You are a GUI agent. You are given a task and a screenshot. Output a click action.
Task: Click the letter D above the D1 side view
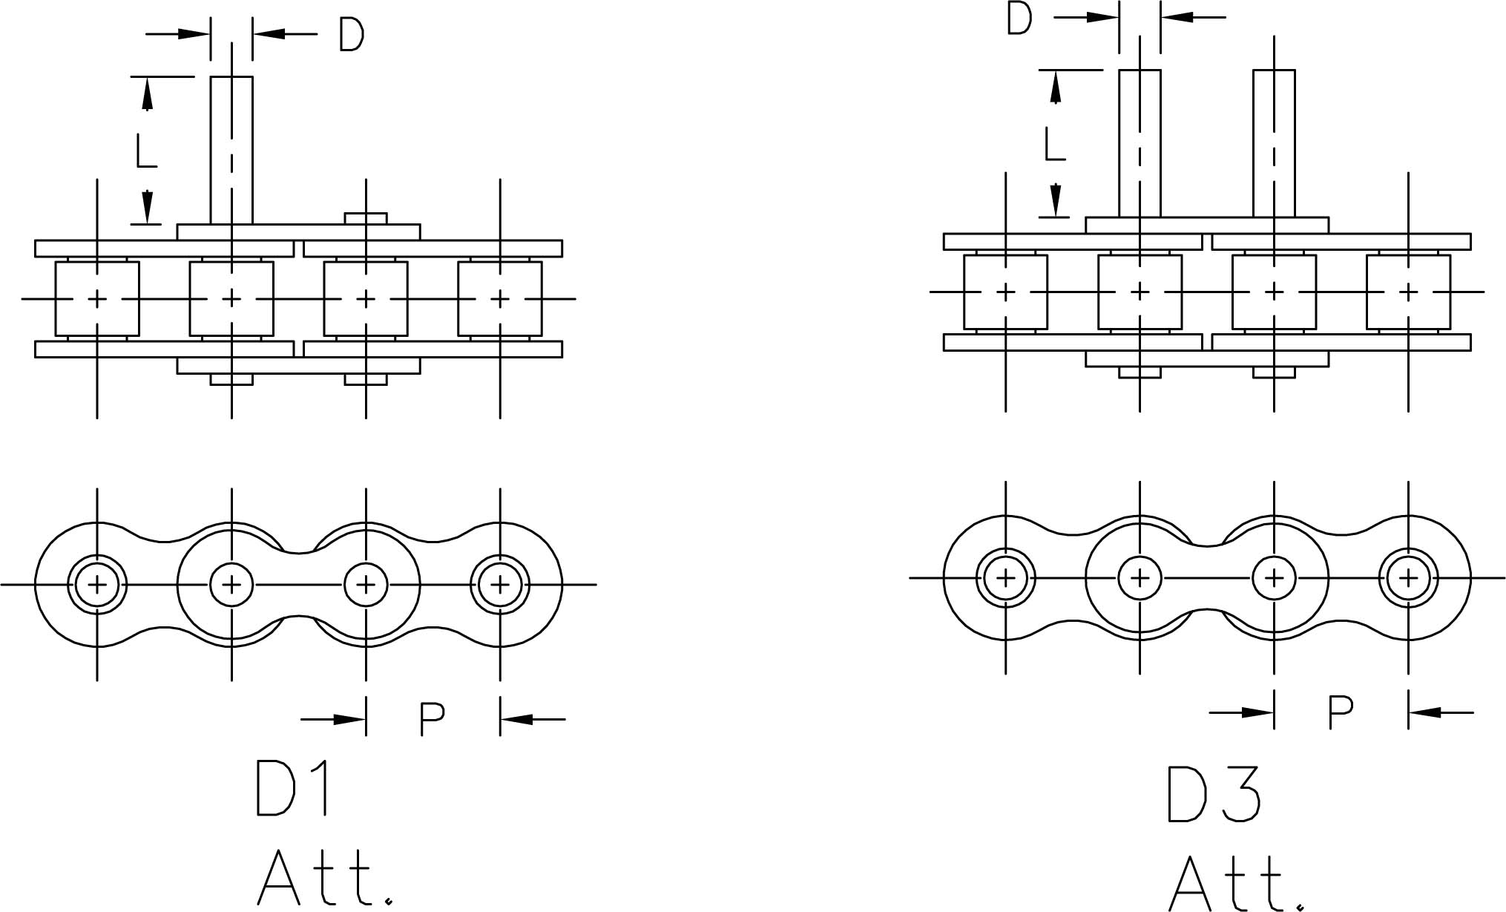tap(352, 34)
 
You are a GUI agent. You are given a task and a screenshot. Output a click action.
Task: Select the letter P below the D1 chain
tap(432, 718)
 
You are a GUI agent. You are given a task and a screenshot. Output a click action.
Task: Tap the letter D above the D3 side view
tap(1019, 19)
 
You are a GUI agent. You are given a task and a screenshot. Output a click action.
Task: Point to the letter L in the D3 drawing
tap(1054, 145)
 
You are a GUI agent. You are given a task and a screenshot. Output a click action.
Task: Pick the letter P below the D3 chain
tap(1340, 712)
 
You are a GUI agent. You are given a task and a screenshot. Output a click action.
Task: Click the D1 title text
tap(292, 788)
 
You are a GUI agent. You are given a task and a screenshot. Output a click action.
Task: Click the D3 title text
tap(1213, 794)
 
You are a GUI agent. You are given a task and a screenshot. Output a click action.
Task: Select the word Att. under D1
tap(324, 877)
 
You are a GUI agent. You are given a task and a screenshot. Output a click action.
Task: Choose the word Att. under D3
tap(1236, 884)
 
